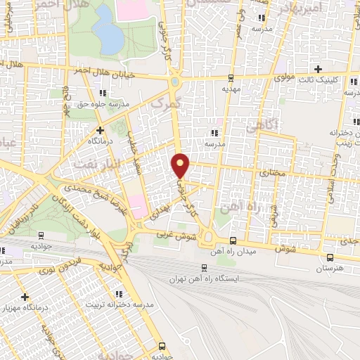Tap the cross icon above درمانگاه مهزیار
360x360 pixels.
point(25,297)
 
